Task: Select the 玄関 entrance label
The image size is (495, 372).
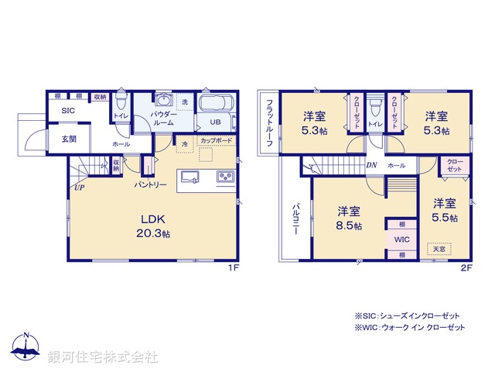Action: [69, 139]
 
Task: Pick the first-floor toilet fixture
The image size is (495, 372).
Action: [121, 104]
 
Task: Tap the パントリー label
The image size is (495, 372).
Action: [150, 185]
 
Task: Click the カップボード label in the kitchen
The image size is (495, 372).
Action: [214, 141]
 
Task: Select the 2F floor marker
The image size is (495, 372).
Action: [466, 267]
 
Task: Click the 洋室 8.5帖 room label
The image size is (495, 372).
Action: [350, 219]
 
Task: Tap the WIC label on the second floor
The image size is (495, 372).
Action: [401, 239]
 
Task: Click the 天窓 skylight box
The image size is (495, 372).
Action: [439, 248]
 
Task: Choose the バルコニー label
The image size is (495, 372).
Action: [296, 221]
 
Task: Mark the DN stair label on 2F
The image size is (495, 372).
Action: [371, 165]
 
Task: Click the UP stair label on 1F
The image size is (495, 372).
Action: [79, 187]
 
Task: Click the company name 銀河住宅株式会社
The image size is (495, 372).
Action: [103, 356]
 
